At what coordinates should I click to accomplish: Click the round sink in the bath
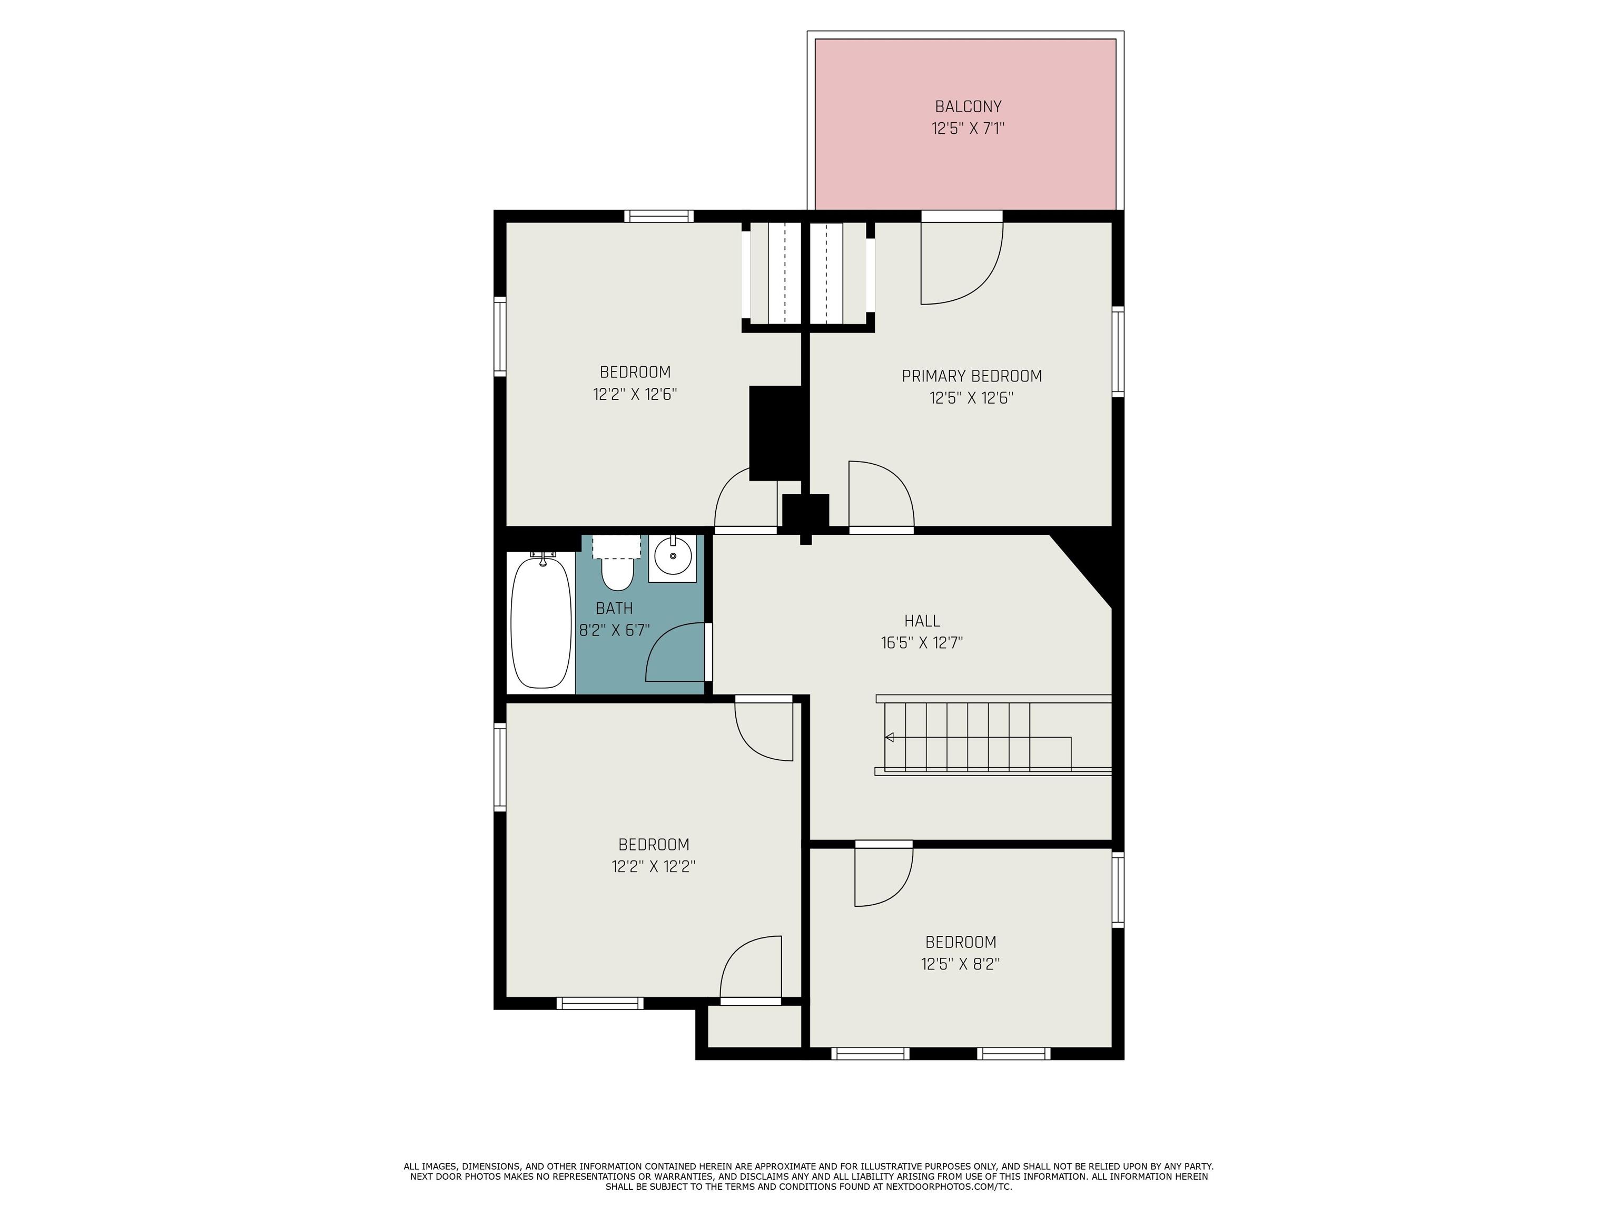[x=672, y=557]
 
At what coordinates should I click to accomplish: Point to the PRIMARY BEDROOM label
[x=971, y=376]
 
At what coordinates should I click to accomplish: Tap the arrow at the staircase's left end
[x=890, y=737]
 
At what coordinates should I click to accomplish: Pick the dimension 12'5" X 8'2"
[x=960, y=964]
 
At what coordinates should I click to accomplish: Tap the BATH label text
[x=614, y=608]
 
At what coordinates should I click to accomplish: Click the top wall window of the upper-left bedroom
[x=658, y=216]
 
